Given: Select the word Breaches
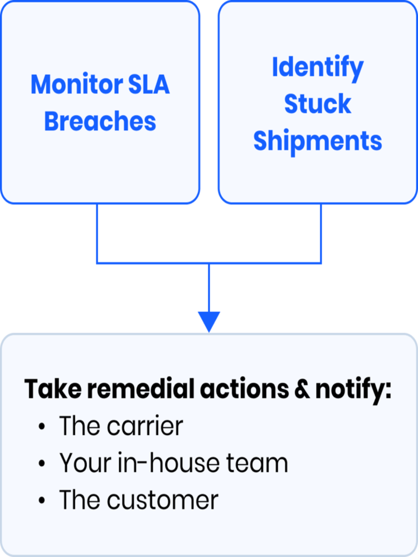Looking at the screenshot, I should [x=100, y=121].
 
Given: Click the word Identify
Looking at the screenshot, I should [x=318, y=69].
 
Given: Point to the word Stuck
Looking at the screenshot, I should [x=318, y=104].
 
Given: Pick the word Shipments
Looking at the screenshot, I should [x=318, y=141].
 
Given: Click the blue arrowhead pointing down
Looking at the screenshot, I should [x=209, y=322].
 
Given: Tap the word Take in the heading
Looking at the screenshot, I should [x=48, y=390].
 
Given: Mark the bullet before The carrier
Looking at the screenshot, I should [x=42, y=428].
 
